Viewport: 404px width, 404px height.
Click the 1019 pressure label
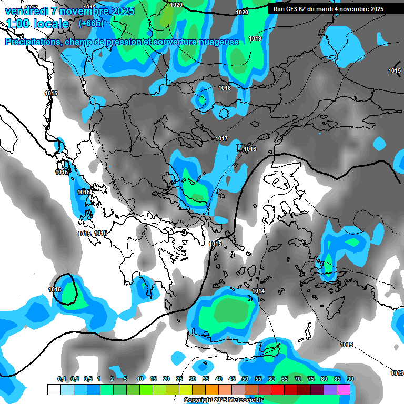(x=255, y=38)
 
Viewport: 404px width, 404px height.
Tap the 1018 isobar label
(x=225, y=88)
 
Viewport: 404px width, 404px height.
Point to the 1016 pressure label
(x=250, y=149)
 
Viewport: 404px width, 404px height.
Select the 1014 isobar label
(x=258, y=291)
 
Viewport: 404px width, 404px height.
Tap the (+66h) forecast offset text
(x=90, y=23)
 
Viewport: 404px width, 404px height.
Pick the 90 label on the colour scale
(x=350, y=379)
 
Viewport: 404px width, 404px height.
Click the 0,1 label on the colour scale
(x=62, y=379)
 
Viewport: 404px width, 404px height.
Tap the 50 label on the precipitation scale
(x=245, y=379)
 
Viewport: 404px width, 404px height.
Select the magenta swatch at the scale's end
(x=344, y=389)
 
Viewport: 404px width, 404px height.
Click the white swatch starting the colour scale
(x=54, y=389)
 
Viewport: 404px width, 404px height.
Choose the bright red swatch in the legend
(x=278, y=389)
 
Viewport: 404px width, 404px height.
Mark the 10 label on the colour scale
(x=140, y=379)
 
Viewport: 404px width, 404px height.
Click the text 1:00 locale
(x=37, y=24)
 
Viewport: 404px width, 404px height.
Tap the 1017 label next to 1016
(x=221, y=138)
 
